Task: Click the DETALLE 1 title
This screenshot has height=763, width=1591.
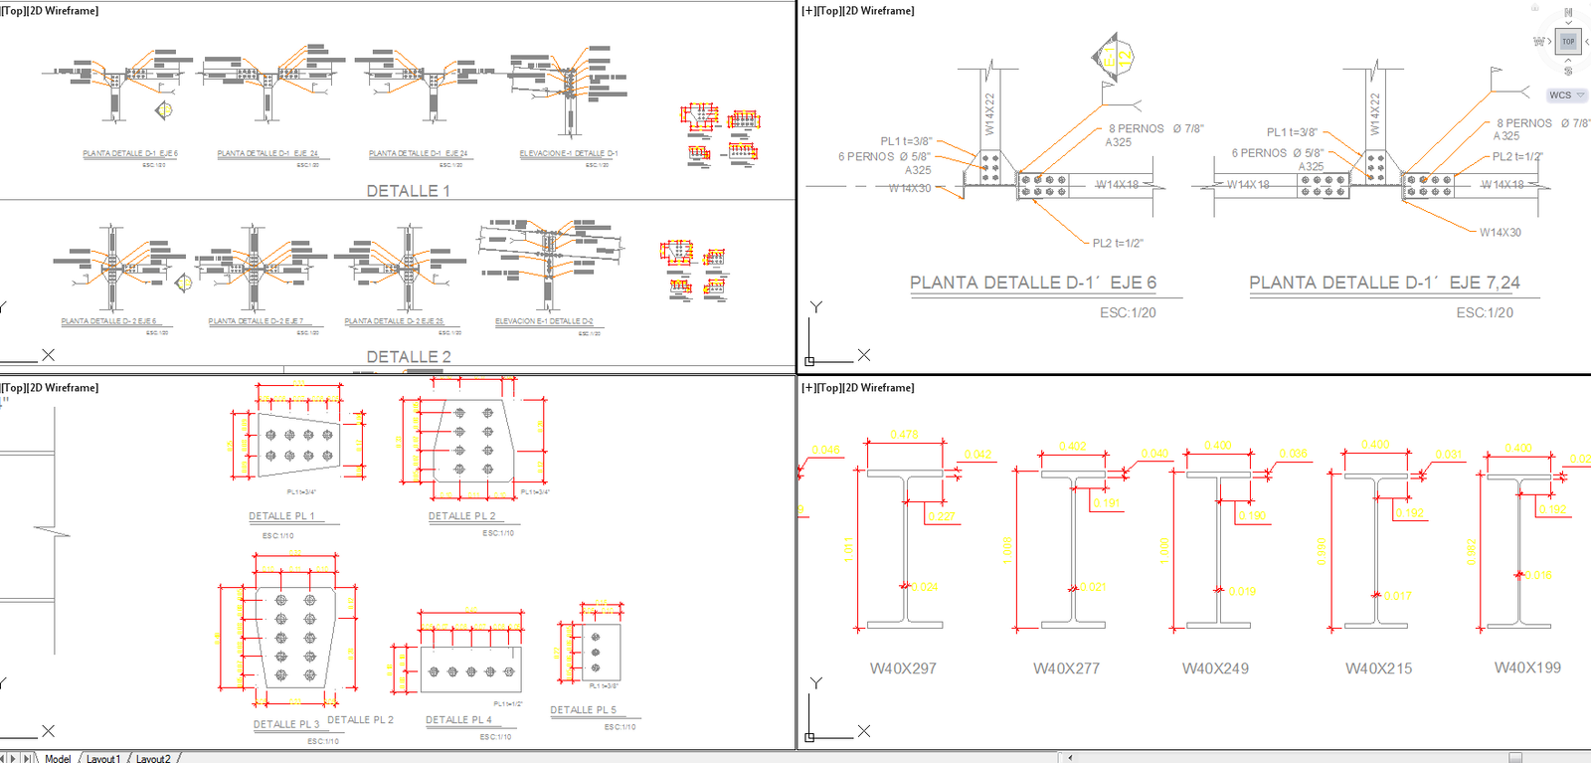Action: tap(408, 191)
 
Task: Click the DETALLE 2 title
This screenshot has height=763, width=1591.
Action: tap(408, 357)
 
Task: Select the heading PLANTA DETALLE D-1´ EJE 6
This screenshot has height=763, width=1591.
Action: tap(1033, 284)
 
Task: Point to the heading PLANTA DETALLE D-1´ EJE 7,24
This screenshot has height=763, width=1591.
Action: tap(1384, 284)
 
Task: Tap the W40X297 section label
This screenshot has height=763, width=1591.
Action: tap(903, 668)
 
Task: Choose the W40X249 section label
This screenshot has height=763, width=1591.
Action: tap(1215, 668)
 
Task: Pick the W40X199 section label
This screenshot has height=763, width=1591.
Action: tap(1527, 668)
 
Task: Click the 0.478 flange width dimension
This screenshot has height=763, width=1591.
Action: tap(904, 435)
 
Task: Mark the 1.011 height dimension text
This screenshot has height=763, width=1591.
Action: tap(848, 550)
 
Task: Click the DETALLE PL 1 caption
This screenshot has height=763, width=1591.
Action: tap(281, 516)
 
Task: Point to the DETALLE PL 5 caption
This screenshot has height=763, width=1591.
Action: tap(584, 710)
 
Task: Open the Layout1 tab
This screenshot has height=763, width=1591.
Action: tap(102, 758)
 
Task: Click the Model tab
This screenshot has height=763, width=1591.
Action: tap(58, 758)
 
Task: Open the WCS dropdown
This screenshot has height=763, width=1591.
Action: tap(1565, 95)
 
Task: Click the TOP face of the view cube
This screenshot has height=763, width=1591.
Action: tap(1568, 42)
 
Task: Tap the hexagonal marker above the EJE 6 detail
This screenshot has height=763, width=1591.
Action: tap(1114, 58)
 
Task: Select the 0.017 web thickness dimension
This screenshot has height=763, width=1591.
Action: tap(1396, 596)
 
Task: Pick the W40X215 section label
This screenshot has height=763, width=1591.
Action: tap(1378, 668)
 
